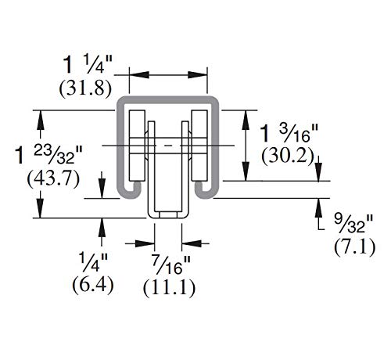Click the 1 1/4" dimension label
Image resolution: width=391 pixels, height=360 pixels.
[x=88, y=64]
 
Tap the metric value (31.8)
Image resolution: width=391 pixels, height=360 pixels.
[x=85, y=89]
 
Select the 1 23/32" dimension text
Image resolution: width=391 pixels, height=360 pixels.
[x=48, y=155]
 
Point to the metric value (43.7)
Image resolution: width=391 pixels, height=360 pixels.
[x=53, y=179]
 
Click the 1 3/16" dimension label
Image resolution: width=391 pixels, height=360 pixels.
[x=289, y=133]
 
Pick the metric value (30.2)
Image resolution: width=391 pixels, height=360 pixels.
[x=288, y=157]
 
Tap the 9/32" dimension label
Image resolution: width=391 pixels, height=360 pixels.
[x=353, y=223]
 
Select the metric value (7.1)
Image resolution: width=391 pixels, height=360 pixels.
[x=355, y=247]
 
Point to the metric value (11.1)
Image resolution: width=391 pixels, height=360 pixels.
[x=169, y=288]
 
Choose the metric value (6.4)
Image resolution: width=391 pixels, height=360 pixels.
[x=93, y=285]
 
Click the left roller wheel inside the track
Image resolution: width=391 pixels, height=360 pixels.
[x=137, y=146]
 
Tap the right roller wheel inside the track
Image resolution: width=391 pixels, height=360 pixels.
[x=199, y=146]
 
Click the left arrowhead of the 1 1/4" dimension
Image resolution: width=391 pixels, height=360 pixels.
[x=139, y=75]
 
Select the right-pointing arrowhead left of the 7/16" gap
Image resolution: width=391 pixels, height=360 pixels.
[x=145, y=243]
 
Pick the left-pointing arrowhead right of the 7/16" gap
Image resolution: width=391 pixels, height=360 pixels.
[x=192, y=243]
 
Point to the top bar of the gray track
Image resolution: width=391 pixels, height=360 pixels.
[x=168, y=100]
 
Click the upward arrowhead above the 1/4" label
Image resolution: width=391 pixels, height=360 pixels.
[x=102, y=227]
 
